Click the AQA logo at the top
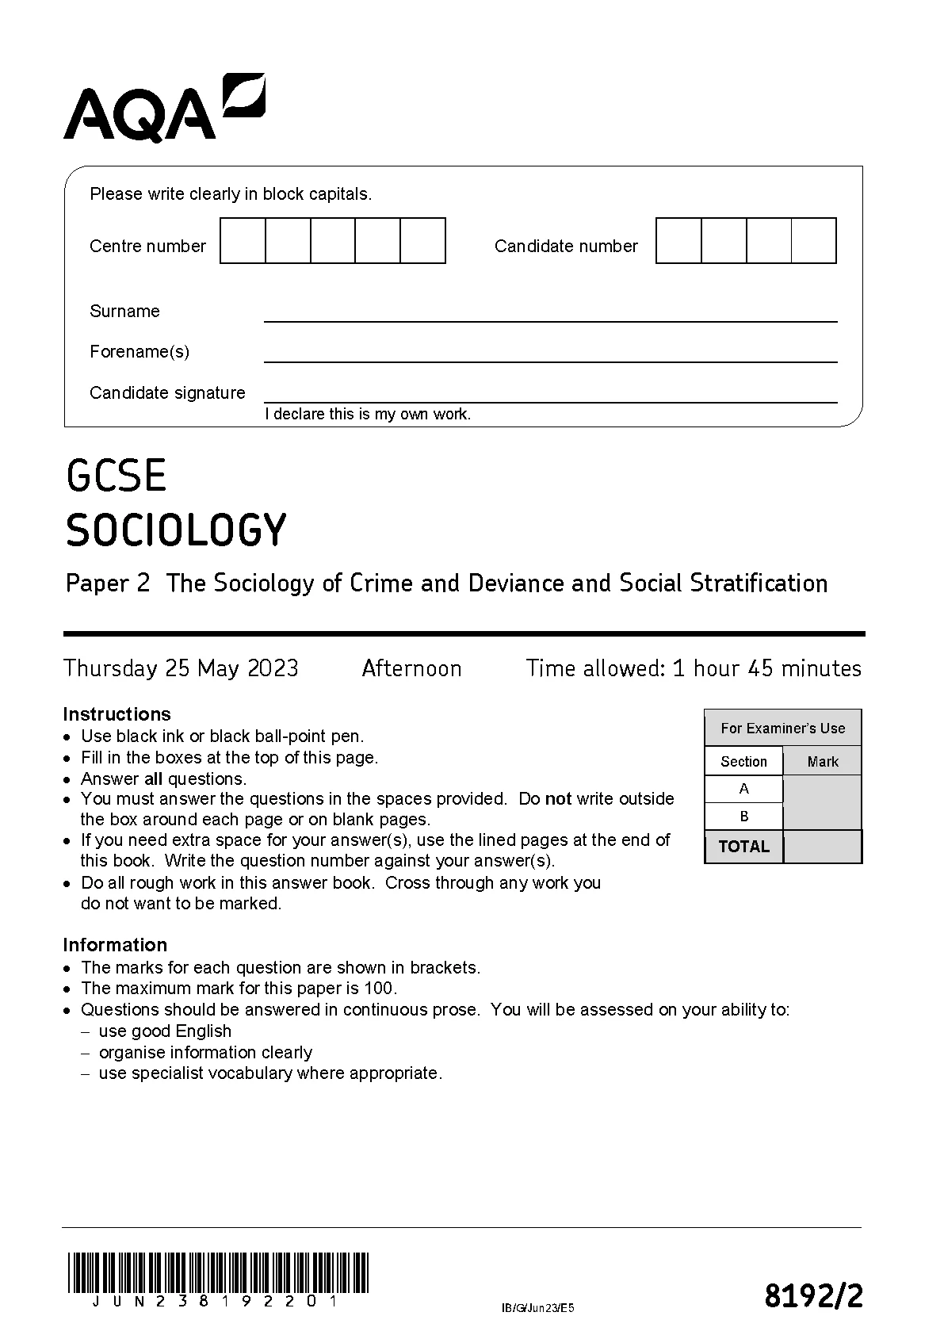click(164, 109)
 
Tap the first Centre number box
click(243, 241)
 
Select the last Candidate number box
click(814, 241)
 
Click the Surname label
click(124, 312)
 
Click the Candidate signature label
click(167, 393)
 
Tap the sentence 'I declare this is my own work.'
click(368, 414)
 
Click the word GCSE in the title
click(117, 476)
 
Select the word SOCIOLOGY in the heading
click(176, 530)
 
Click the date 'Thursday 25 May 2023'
click(181, 668)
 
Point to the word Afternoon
click(411, 668)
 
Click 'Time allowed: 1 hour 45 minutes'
click(694, 668)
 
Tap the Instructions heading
click(117, 713)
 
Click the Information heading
click(115, 945)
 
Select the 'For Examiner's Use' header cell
click(782, 728)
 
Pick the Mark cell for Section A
click(822, 789)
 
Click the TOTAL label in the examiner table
click(743, 847)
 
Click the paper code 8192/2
click(813, 1297)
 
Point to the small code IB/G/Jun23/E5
click(537, 1308)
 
